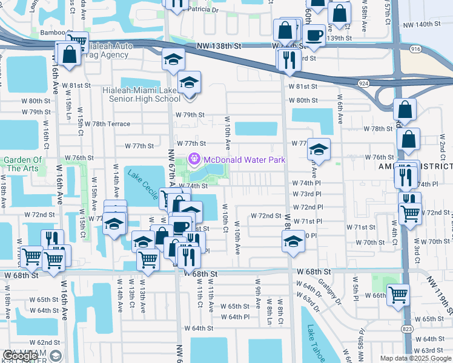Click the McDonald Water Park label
tap(244, 160)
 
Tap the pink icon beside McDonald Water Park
tap(194, 160)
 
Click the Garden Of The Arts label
tap(23, 165)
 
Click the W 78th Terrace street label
tap(107, 123)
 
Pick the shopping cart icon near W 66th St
tap(398, 295)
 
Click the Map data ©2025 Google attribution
tap(415, 358)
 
